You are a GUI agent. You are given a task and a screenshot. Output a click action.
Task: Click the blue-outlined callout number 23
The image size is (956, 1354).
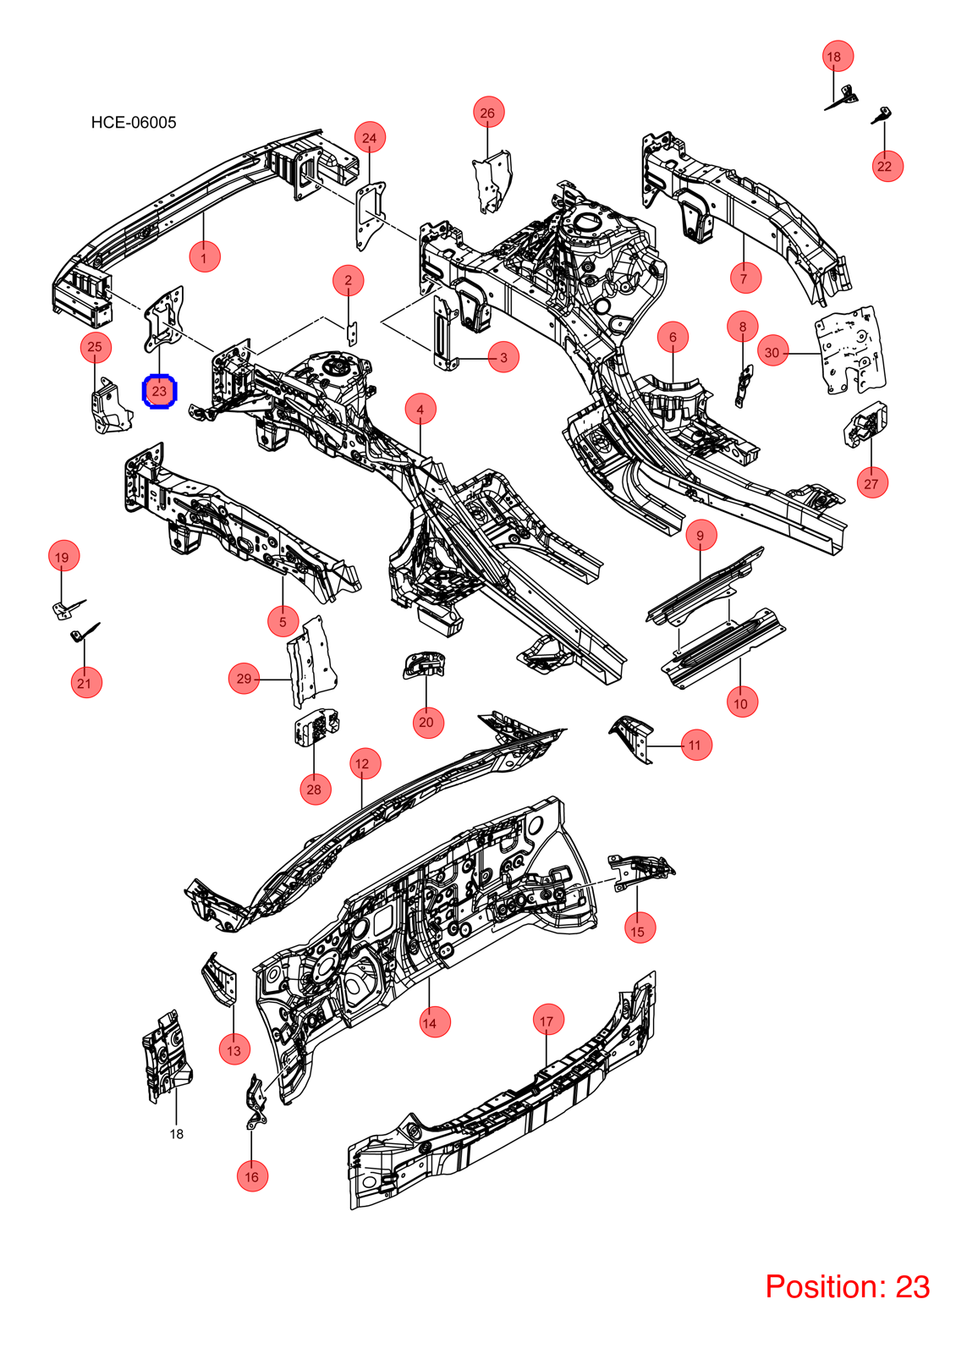coord(159,392)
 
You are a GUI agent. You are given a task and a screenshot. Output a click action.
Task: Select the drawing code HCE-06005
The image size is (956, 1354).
coord(134,123)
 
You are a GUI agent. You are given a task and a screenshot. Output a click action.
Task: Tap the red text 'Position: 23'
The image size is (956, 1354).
coord(847,1287)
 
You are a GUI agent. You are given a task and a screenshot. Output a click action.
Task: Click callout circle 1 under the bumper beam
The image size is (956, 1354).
coord(204,257)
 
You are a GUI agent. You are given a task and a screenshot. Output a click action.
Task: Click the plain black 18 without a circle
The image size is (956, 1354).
coord(177,1134)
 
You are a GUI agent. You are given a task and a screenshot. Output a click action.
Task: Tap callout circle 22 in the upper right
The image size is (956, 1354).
coord(887,166)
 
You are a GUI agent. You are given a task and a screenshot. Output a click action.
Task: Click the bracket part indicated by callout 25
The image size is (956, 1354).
coord(110,406)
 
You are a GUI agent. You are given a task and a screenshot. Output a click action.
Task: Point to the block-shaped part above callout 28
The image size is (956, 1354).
coord(316,727)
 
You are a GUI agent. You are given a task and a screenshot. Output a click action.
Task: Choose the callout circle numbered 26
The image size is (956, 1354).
coord(488,112)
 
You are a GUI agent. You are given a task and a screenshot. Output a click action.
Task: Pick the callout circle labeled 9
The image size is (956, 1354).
coord(701,535)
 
